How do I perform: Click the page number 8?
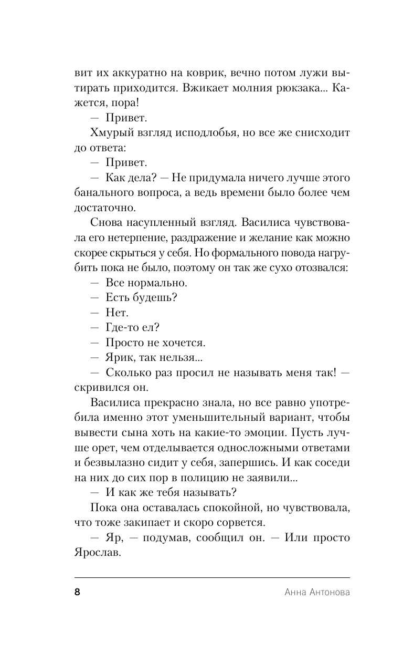click(77, 592)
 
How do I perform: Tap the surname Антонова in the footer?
click(325, 593)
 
